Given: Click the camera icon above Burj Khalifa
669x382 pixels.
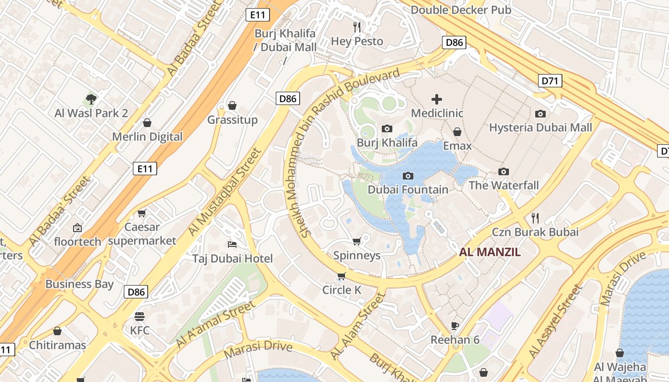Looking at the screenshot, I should pos(387,128).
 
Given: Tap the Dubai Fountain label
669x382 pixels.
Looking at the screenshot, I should pos(408,190).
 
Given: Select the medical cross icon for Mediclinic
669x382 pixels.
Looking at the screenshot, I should pos(437,99).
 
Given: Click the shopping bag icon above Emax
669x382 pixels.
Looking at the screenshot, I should pos(457,132).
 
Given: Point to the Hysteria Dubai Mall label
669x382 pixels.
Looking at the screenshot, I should pos(540,127).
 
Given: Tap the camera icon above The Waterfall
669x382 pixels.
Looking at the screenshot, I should pos(503,171).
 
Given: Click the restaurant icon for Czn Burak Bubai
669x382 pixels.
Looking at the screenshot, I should pos(535,218).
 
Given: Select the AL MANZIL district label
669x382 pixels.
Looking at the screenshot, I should pos(489,252).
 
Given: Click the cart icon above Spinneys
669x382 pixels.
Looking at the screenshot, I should pos(356,242).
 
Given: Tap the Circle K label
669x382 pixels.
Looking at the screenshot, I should pos(342,290).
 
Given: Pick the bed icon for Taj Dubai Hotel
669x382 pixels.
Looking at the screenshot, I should pos(232,244).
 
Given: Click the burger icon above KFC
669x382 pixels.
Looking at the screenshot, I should pos(140,316).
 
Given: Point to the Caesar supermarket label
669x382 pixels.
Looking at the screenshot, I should pos(142,234).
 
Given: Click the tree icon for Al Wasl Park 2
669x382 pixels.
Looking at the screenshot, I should pos(91,99).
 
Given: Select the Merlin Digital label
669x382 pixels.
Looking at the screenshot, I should pos(147,137).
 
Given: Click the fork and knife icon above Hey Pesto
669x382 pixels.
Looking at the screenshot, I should pos(357,27).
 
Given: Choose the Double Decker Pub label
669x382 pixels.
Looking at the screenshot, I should pos(461,10).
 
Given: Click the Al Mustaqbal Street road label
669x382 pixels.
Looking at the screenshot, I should pos(225,192).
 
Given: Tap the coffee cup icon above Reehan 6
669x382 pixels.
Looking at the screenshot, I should pos(455,326).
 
